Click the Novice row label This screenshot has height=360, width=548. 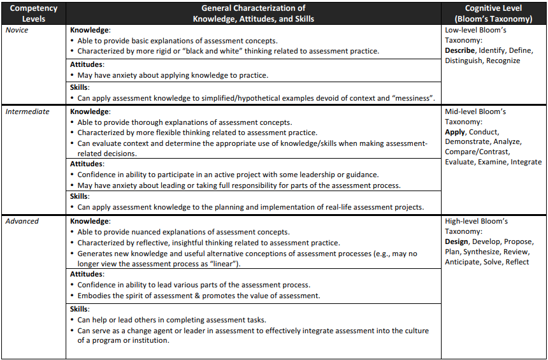click(18, 30)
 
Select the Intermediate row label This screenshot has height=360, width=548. click(27, 112)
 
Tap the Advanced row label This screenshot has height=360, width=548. click(22, 221)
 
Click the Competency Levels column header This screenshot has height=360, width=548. click(34, 13)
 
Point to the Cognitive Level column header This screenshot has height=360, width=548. click(493, 13)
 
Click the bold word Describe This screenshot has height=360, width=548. click(460, 50)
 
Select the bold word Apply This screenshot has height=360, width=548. click(455, 132)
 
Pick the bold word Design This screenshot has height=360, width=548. click(457, 241)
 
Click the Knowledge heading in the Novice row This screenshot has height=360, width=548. click(90, 30)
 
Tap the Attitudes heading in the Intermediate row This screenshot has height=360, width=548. click(87, 164)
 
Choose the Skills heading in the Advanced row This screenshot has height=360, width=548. click(80, 309)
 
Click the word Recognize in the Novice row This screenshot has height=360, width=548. click(503, 61)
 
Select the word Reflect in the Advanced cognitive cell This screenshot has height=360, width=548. click(517, 262)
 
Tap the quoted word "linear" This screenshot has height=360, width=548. click(227, 264)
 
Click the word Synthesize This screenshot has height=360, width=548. click(481, 252)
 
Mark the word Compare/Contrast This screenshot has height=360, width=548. click(477, 152)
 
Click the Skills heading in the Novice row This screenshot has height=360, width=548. click(80, 87)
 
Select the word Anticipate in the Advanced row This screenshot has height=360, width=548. click(462, 262)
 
